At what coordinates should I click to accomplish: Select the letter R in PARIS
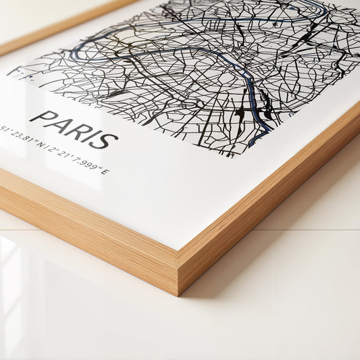click(x=77, y=130)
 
